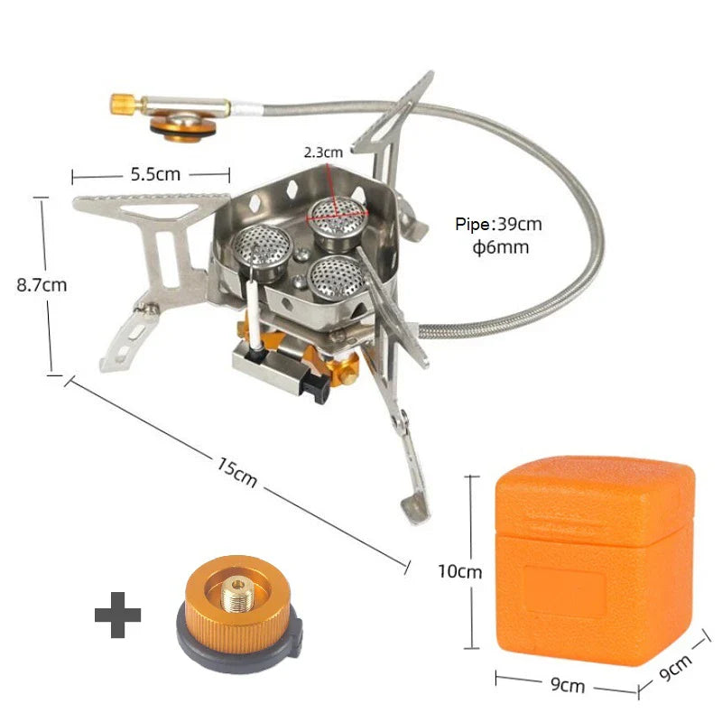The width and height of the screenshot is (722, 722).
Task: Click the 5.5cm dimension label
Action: [151, 175]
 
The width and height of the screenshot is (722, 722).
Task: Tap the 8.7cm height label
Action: [42, 284]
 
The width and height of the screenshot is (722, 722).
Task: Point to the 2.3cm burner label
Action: [322, 153]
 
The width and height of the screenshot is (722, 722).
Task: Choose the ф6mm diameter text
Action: [500, 247]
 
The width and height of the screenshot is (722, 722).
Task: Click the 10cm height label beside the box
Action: [460, 571]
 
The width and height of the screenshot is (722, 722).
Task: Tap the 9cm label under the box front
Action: [567, 686]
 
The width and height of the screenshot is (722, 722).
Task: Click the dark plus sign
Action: [118, 616]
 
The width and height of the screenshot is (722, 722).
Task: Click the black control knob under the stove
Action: [313, 386]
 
